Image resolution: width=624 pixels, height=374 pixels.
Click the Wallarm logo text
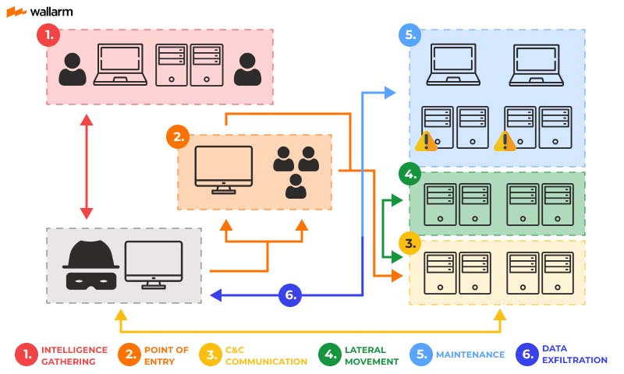tap(50, 12)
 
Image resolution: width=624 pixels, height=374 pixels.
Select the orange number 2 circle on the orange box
tap(178, 137)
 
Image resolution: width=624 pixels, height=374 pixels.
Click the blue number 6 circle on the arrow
tap(290, 295)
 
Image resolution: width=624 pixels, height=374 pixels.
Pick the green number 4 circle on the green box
tap(410, 173)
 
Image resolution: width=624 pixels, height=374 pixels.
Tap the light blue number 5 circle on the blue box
tap(410, 34)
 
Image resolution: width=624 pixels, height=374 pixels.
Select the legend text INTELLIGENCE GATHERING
tap(73, 355)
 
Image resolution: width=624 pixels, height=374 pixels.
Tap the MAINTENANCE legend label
tap(470, 355)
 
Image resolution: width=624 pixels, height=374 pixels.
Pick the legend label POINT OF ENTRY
tap(166, 355)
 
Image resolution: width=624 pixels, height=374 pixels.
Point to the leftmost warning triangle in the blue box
tap(426, 141)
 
